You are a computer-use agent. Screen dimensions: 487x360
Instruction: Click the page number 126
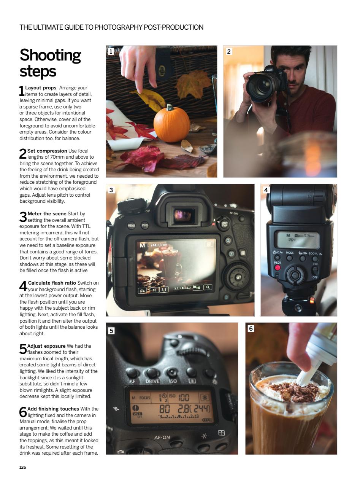coord(23,467)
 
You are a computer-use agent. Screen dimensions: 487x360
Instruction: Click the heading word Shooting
coord(50,55)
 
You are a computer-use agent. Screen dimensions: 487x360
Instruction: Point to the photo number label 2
coord(228,51)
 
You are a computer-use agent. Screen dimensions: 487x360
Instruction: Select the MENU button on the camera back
coord(131,225)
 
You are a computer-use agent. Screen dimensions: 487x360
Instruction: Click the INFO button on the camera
coord(144,225)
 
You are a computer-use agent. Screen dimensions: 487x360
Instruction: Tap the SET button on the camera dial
coord(238,277)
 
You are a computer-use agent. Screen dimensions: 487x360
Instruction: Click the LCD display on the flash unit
coord(298,240)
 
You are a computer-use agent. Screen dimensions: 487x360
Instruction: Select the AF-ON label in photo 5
coord(162,437)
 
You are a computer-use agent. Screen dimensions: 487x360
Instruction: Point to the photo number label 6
coord(251,328)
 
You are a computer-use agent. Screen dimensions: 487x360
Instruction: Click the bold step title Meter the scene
coord(47,213)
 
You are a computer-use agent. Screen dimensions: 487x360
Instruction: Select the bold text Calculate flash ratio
coord(52,283)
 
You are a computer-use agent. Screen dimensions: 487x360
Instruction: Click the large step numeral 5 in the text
coord(23,349)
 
